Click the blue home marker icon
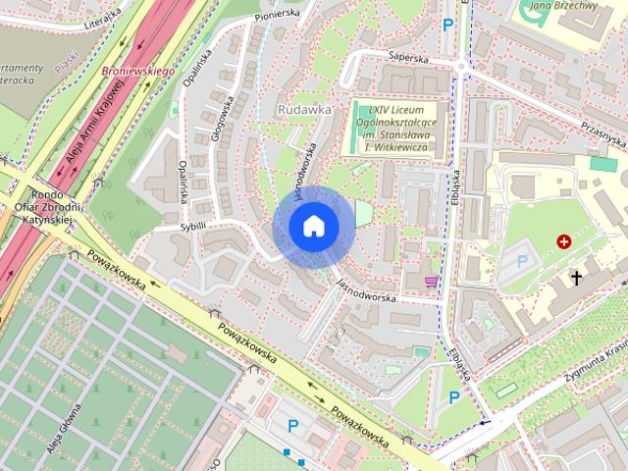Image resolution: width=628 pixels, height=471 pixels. (x=313, y=226)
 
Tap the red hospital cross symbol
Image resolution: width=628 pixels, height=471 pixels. (x=565, y=241)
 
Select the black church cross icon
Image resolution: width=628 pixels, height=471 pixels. (x=577, y=279)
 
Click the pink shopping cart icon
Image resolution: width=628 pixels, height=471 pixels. (x=431, y=282)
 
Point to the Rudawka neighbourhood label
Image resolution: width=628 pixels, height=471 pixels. (x=303, y=110)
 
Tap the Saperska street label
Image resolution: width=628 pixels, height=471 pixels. (x=409, y=57)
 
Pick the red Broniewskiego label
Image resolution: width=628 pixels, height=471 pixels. (x=137, y=73)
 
